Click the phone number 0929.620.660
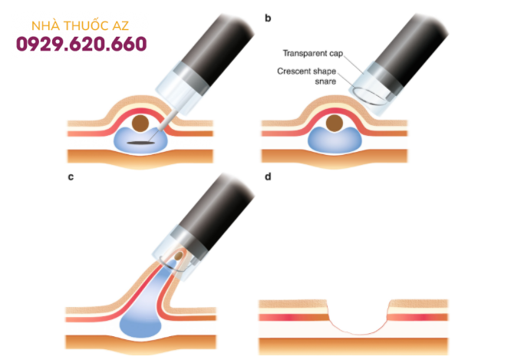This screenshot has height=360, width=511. tap(81, 44)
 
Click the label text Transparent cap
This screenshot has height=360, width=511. tap(315, 54)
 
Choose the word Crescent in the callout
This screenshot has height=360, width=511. tap(297, 71)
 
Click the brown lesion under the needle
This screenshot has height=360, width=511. tap(141, 123)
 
